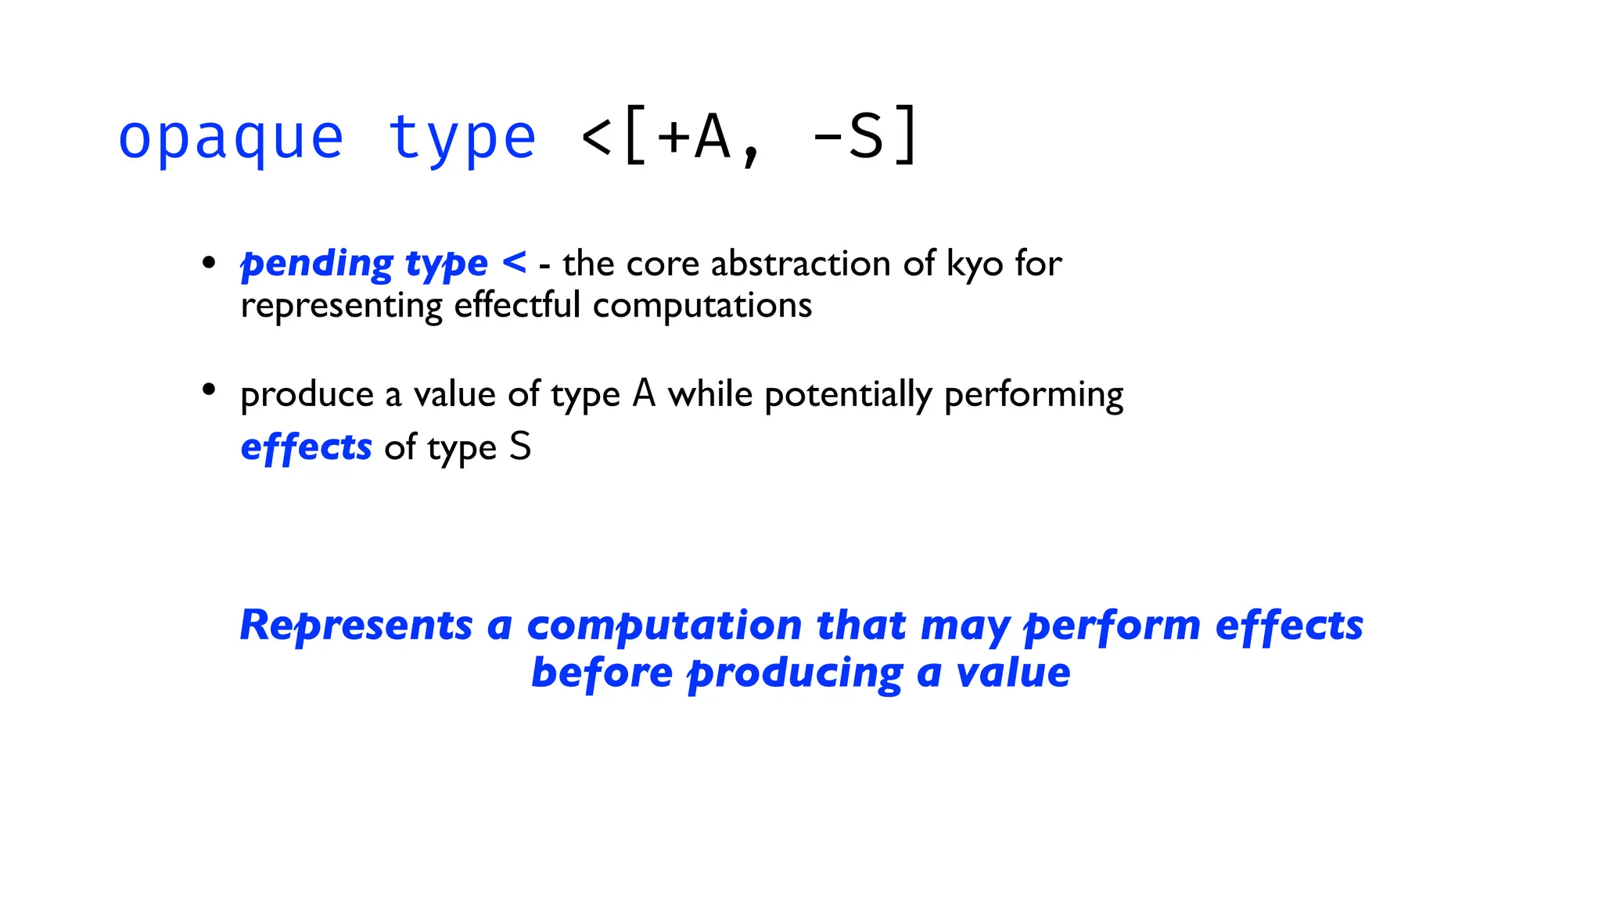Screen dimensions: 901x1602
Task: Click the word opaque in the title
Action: pos(231,139)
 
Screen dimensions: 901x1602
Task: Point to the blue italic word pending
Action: pos(317,264)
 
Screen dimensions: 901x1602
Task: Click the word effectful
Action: pos(517,305)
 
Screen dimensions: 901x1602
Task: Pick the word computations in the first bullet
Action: pos(702,305)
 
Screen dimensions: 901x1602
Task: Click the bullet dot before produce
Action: pos(208,389)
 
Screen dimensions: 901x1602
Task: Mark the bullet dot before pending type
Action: pos(208,262)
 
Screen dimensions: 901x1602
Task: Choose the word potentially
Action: pos(848,395)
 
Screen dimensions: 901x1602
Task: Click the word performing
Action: pos(1033,395)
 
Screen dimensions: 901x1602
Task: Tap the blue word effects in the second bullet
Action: pos(306,447)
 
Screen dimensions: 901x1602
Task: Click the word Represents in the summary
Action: pos(356,626)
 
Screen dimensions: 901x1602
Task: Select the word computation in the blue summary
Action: pos(664,626)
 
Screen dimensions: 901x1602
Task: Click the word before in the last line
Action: pos(602,673)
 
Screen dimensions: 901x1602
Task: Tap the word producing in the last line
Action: pos(795,674)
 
